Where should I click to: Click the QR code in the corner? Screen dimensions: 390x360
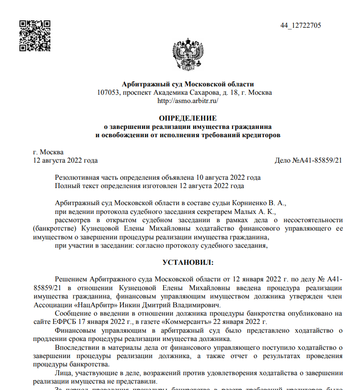tap(35, 35)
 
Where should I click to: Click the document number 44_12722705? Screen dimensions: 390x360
tap(300, 25)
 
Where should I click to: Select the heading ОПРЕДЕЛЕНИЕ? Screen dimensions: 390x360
tap(188, 118)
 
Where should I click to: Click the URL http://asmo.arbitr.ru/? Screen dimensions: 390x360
tap(188, 100)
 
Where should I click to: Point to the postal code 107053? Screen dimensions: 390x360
tap(108, 92)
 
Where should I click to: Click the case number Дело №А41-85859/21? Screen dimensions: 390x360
tap(308, 160)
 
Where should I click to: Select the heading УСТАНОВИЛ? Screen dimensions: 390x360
tap(188, 262)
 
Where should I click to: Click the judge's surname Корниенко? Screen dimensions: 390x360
tap(249, 203)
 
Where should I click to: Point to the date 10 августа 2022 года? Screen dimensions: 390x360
tap(228, 177)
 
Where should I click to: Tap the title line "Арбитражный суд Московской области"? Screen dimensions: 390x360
tap(188, 84)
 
